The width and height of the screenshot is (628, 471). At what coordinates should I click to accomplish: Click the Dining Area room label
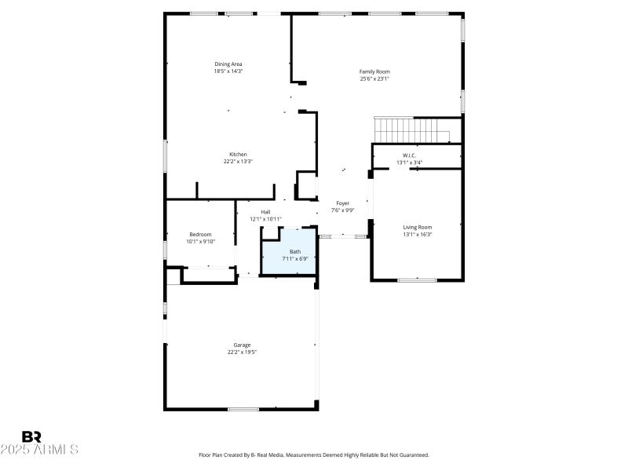[228, 64]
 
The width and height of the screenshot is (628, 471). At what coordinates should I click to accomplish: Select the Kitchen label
[238, 154]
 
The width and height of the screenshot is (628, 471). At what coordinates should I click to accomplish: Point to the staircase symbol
[411, 130]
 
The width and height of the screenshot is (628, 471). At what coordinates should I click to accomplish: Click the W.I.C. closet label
[408, 155]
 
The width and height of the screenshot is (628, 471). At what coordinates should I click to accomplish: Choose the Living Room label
[417, 227]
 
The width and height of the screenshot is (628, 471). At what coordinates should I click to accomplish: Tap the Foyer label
[342, 203]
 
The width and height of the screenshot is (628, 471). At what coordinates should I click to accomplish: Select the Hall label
[265, 212]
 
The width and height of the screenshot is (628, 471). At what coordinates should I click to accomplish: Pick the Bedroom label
[199, 235]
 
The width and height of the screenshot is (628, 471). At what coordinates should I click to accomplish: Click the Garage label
[242, 345]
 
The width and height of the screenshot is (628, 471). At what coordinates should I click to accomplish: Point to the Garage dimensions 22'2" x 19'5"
[242, 352]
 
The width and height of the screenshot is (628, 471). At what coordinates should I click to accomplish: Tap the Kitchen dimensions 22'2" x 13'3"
[238, 161]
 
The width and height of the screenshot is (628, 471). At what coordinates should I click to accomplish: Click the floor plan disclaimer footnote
[314, 455]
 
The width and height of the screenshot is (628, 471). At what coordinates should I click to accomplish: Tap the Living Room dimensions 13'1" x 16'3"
[417, 234]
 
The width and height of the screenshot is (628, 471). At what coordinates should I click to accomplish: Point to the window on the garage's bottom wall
[243, 409]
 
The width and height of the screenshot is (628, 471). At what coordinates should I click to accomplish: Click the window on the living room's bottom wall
[417, 279]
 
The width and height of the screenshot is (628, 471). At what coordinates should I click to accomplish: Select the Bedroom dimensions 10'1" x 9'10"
[199, 242]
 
